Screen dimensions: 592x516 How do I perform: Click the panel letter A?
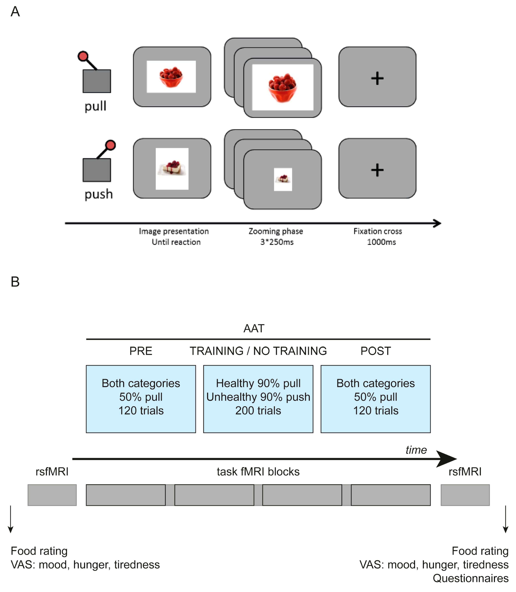click(x=15, y=12)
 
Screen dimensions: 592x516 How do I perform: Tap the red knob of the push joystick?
click(x=110, y=145)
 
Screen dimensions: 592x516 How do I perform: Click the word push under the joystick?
click(x=98, y=194)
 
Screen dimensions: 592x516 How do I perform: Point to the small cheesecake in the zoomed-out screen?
click(x=283, y=179)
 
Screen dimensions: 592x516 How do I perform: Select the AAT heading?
click(x=254, y=328)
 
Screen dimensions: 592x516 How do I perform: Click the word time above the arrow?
click(x=416, y=450)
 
